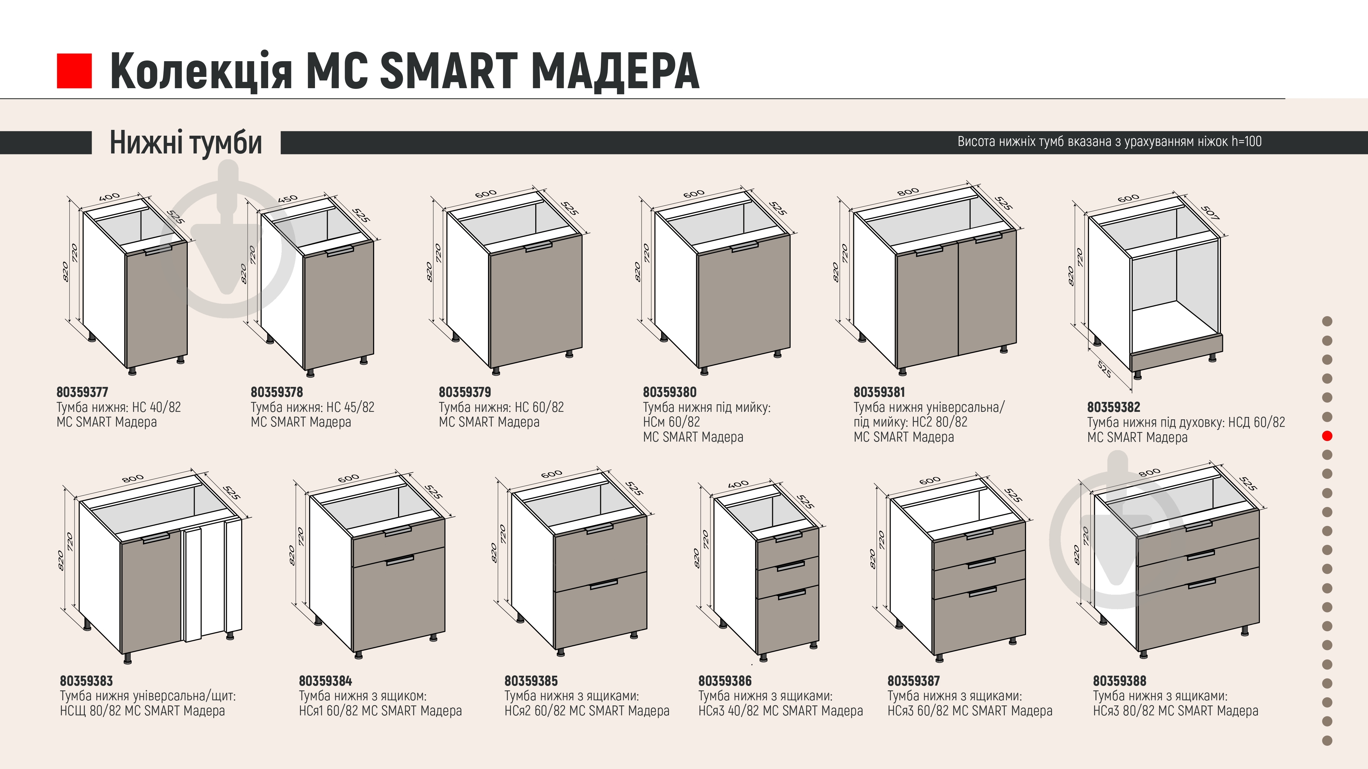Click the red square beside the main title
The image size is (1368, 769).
tap(74, 71)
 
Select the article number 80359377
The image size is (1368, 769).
tap(82, 392)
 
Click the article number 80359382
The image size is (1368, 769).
tap(1114, 407)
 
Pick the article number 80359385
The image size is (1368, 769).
tap(531, 681)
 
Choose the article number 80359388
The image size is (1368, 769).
tap(1119, 681)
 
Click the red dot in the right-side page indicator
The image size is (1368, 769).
tap(1327, 436)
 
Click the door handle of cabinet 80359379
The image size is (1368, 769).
tap(539, 246)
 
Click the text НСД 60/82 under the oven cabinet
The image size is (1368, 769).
tap(1257, 422)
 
